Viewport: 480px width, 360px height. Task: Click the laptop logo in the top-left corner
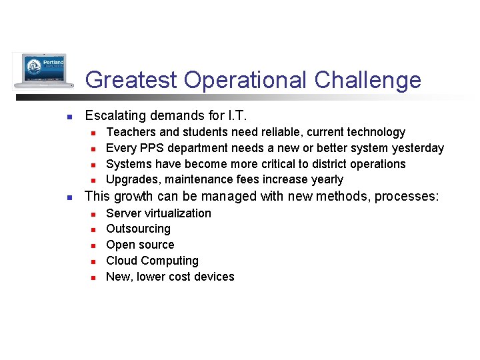40,71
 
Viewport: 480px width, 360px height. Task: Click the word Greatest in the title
131,80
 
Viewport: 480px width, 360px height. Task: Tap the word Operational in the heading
245,80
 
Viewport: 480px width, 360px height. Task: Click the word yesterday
418,147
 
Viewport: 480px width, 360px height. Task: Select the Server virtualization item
159,213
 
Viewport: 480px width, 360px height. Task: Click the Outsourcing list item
138,229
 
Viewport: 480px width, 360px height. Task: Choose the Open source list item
140,245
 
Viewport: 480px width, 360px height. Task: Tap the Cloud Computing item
152,261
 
